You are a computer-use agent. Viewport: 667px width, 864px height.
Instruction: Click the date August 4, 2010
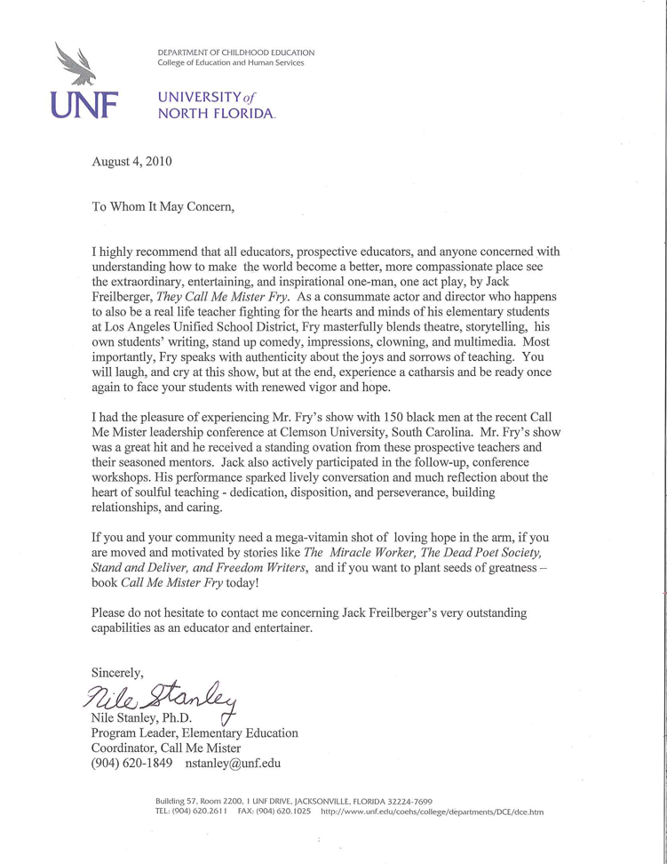[132, 162]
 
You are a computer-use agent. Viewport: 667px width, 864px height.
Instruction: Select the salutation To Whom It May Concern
[165, 207]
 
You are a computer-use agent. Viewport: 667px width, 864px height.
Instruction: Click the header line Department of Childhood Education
[235, 52]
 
